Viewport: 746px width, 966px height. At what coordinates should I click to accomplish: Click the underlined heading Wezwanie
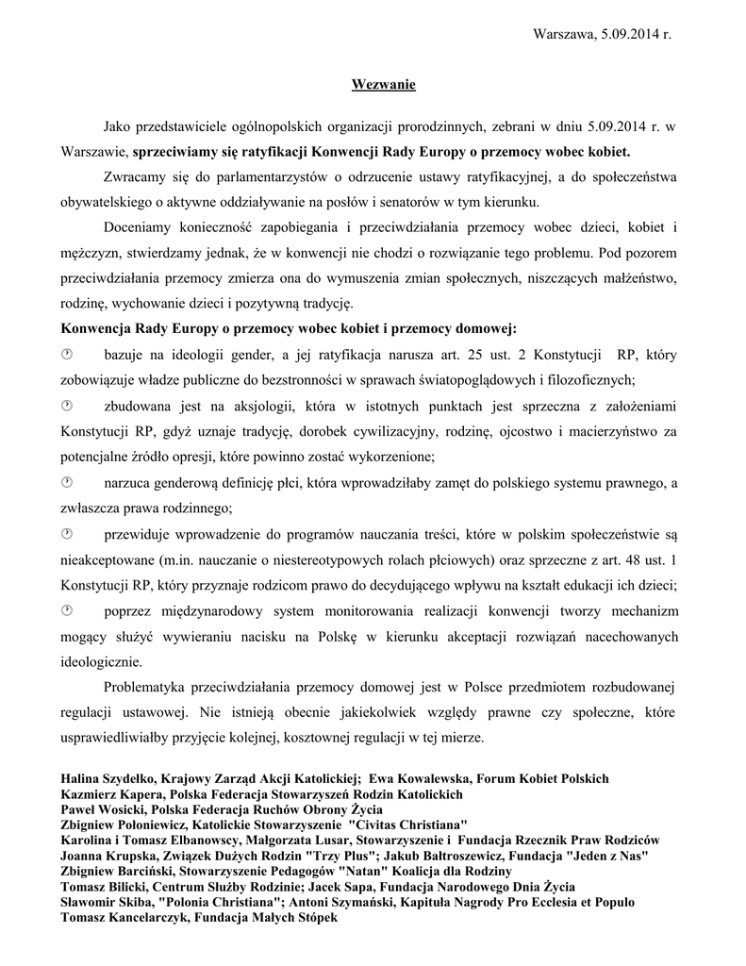click(x=383, y=86)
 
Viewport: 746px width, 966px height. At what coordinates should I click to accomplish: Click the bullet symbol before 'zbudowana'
click(x=67, y=406)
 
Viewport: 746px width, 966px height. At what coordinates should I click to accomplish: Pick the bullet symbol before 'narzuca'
click(x=67, y=483)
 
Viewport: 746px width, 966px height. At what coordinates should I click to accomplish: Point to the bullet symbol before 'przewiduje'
click(x=67, y=534)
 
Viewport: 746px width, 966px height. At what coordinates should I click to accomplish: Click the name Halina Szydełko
click(x=108, y=779)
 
